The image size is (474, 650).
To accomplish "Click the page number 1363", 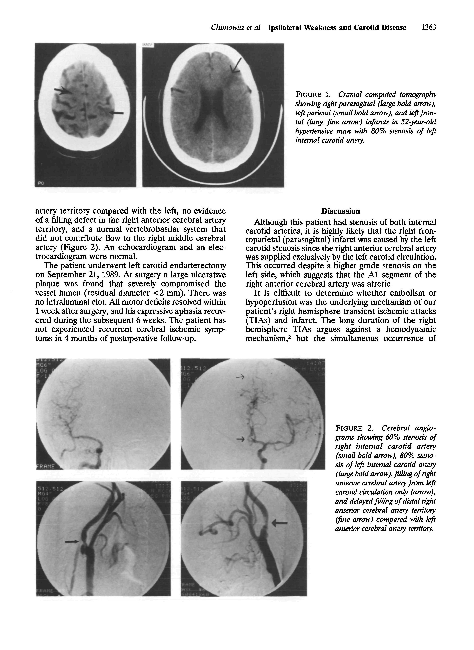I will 428,28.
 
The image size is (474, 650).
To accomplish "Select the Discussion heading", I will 341,211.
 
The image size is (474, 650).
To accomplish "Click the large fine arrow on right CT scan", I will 236,65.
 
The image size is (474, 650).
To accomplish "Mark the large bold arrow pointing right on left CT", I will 63,91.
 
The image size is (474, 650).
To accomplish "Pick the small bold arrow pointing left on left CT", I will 117,113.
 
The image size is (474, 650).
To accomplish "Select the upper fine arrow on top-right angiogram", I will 240,377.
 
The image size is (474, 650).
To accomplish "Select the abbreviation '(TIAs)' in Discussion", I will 257,320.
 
